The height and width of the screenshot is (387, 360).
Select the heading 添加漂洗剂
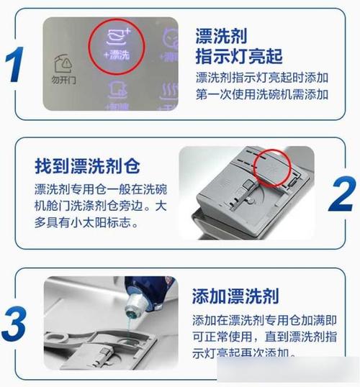[236, 296]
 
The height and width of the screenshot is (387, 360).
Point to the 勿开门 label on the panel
[63, 81]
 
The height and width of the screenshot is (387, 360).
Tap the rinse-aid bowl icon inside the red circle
[116, 37]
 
